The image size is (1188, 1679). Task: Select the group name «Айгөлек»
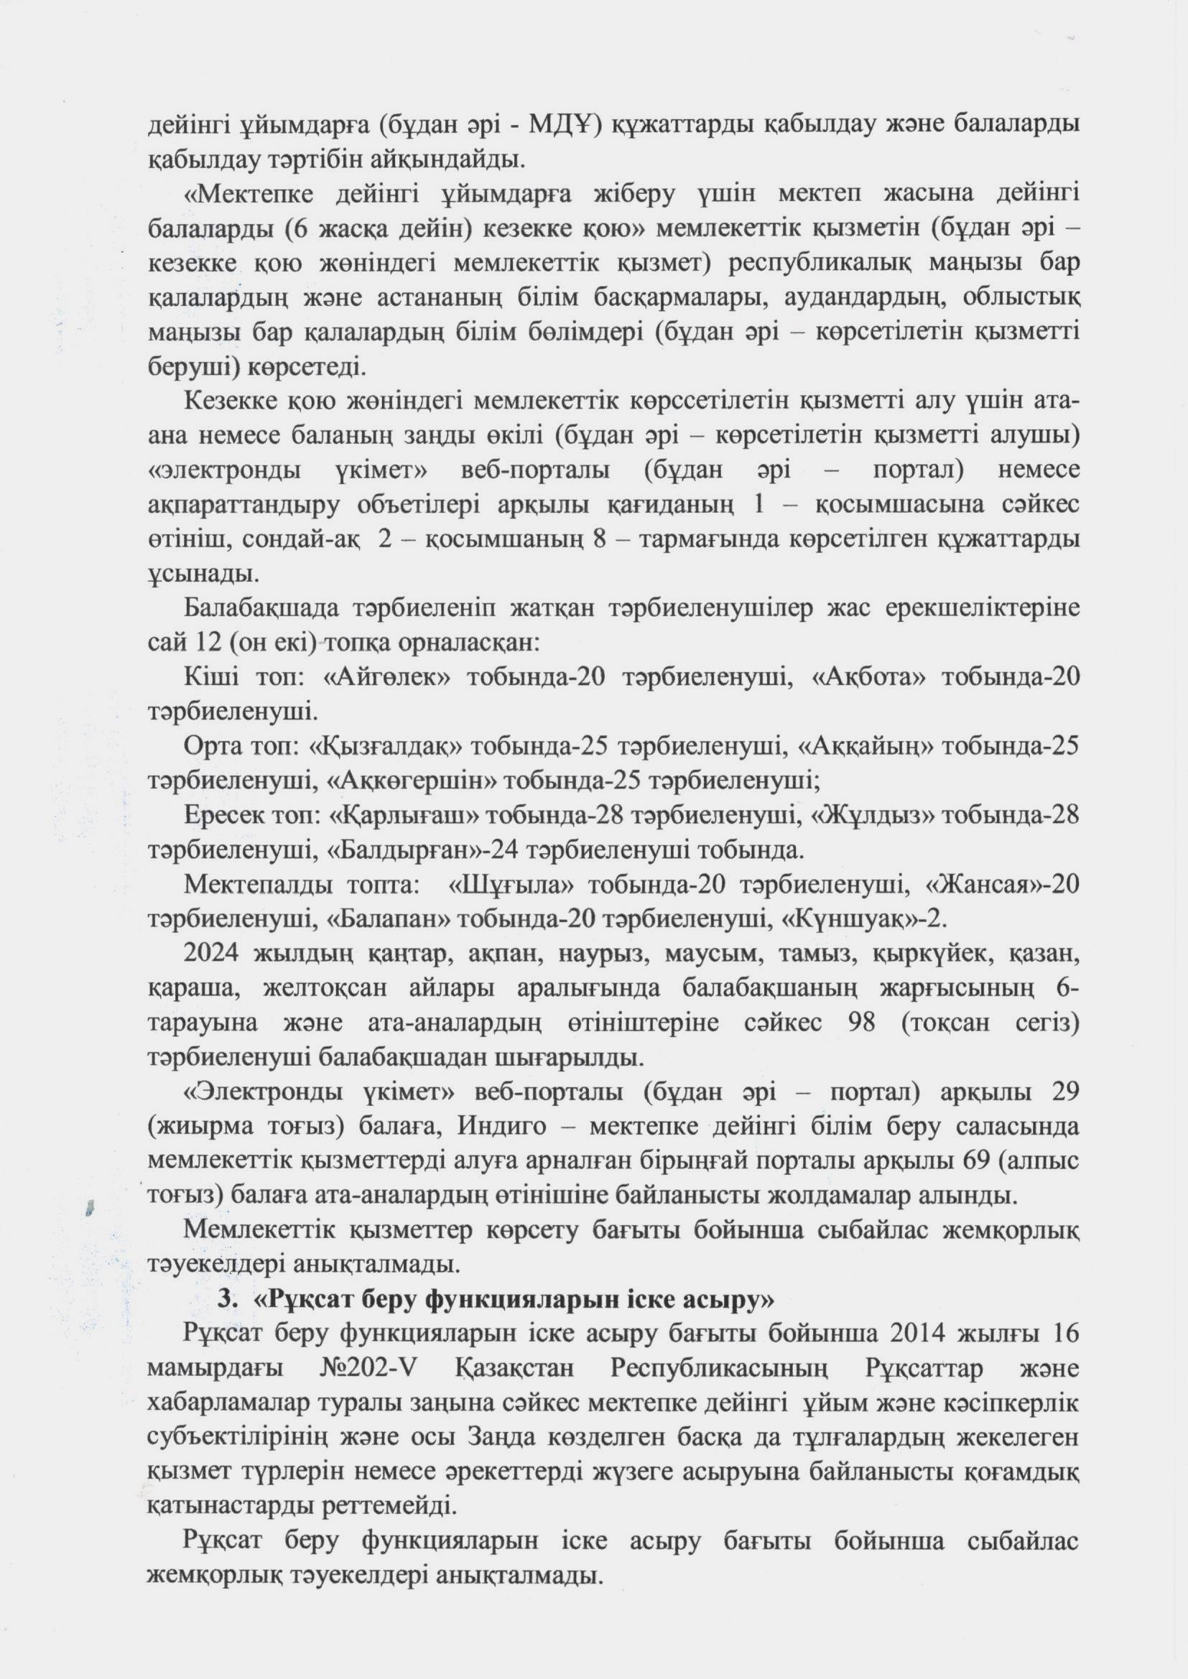tap(387, 676)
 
